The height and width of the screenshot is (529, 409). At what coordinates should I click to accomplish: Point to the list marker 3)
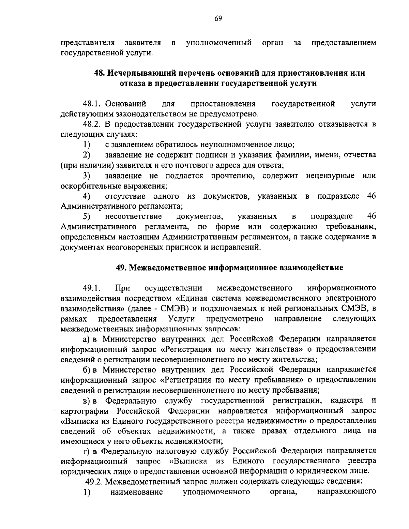(87, 176)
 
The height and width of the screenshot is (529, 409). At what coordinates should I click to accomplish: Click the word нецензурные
(327, 176)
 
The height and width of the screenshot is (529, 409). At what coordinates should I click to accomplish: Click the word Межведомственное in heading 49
(166, 268)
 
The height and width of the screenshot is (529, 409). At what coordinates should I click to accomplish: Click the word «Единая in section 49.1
(190, 299)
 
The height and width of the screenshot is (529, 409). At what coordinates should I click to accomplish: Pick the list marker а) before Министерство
(86, 339)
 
